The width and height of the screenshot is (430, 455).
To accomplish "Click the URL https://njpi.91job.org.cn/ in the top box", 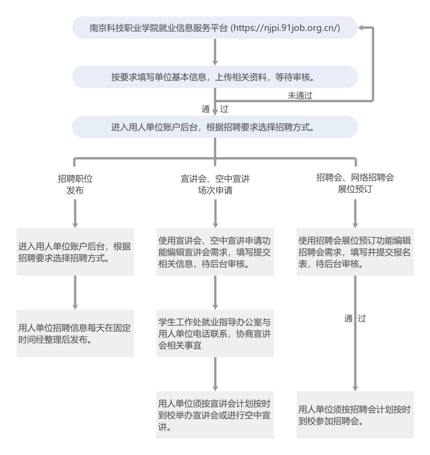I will (285, 28).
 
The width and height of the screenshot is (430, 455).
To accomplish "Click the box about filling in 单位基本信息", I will (215, 77).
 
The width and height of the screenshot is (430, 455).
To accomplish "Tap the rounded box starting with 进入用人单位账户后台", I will (215, 127).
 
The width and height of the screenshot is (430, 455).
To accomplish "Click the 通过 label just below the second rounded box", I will (215, 109).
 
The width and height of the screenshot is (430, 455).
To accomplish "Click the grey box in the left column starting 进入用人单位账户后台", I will (75, 252).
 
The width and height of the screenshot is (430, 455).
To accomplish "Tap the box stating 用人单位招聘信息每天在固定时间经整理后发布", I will (75, 333).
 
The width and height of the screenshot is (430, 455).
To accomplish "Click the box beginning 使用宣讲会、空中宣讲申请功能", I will (215, 252).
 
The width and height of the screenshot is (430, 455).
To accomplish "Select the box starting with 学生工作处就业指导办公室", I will (215, 333).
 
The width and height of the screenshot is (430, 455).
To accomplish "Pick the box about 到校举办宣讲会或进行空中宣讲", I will (215, 415).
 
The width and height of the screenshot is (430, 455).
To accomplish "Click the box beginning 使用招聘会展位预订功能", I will (355, 252).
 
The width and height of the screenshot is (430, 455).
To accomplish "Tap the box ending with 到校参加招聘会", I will (355, 415).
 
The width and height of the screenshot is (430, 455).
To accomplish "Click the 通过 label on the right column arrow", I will (355, 319).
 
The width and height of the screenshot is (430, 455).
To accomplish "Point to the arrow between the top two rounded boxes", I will (215, 52).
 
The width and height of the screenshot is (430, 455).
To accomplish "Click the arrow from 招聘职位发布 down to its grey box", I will (75, 213).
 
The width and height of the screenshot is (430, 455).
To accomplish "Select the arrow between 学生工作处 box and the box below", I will (215, 374).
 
